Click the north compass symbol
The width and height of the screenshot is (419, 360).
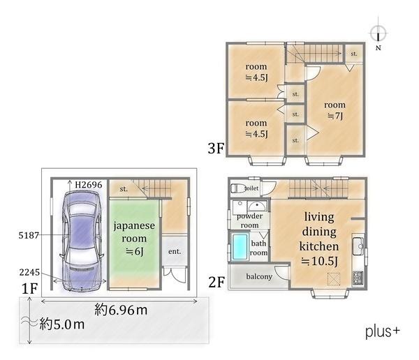378,33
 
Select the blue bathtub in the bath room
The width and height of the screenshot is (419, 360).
240,247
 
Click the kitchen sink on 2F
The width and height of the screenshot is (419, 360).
358,246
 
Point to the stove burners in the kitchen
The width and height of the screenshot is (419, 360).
358,278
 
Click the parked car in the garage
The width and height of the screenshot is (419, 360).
81,241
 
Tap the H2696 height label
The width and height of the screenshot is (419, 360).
89,185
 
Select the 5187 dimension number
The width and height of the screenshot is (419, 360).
29,235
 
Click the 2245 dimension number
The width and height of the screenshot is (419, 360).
29,272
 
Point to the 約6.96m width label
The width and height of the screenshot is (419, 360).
121,310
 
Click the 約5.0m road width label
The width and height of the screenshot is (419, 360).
62,324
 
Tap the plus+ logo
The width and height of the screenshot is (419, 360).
383,331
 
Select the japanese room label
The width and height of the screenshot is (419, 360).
134,232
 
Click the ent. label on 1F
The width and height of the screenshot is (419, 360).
175,251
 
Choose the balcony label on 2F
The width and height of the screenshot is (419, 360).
259,277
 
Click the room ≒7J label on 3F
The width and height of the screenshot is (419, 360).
335,110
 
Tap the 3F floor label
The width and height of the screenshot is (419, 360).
216,148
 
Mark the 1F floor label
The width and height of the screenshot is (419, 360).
29,289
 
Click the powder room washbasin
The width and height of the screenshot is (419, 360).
257,207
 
